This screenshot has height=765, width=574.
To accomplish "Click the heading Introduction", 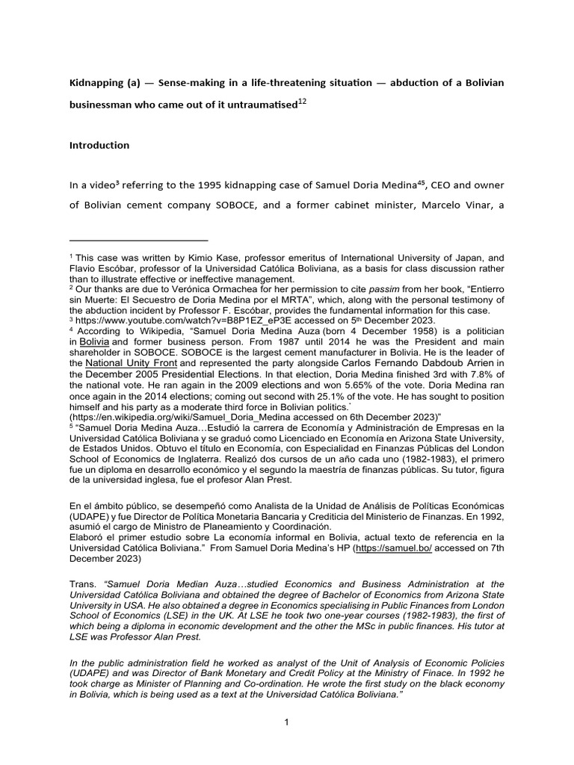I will coord(99,145).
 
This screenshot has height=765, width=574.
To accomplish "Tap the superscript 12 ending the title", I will coord(302,102).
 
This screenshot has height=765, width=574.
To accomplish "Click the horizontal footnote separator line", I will coord(138,241).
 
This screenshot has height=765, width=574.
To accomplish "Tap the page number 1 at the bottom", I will coord(286,722).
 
